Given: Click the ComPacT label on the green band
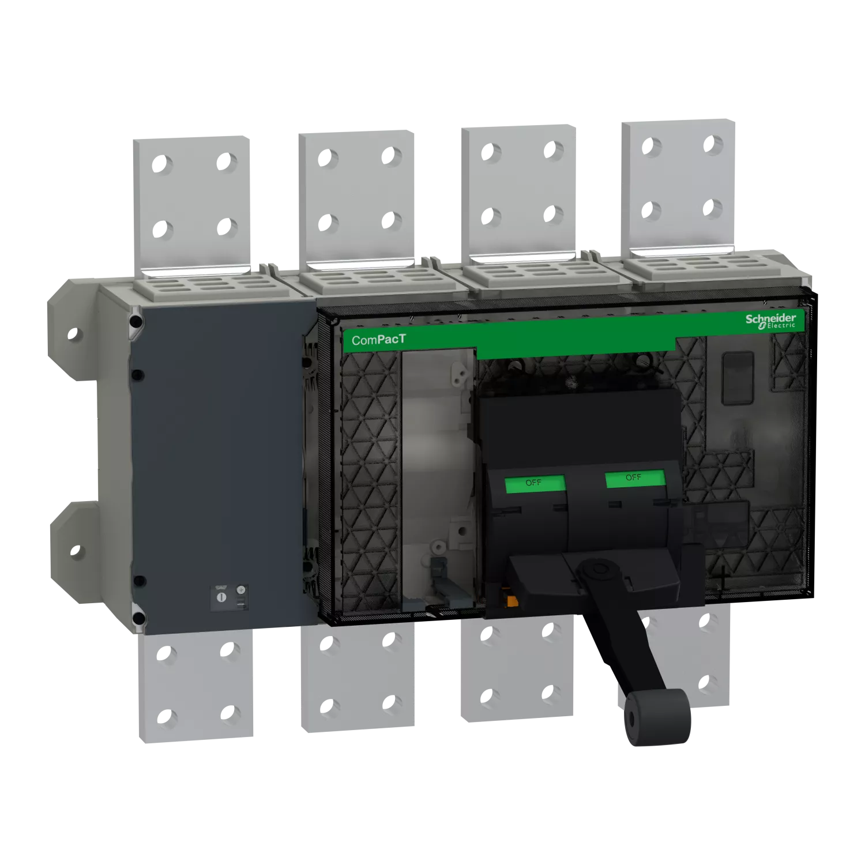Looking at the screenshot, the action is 378,340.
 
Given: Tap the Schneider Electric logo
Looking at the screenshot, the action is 771,321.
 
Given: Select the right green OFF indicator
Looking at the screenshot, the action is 635,478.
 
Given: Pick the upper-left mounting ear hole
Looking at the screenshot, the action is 72,333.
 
